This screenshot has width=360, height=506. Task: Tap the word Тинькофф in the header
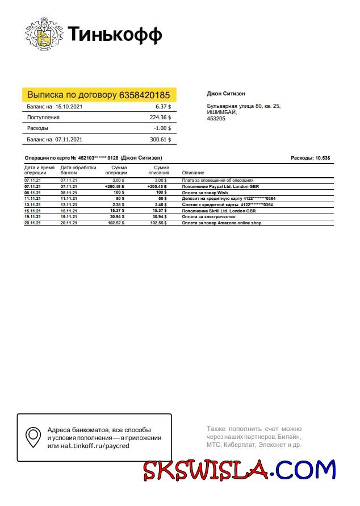coord(115,35)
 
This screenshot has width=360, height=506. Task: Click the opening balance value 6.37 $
coord(163,106)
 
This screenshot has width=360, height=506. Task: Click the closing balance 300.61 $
coord(160,139)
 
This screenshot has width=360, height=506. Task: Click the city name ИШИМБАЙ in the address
coord(220,112)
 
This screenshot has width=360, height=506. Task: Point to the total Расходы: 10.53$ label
coord(310,157)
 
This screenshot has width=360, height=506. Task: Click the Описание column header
coord(193,172)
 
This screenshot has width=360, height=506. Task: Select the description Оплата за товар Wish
coord(205,193)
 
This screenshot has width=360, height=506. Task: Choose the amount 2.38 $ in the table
coord(118,204)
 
